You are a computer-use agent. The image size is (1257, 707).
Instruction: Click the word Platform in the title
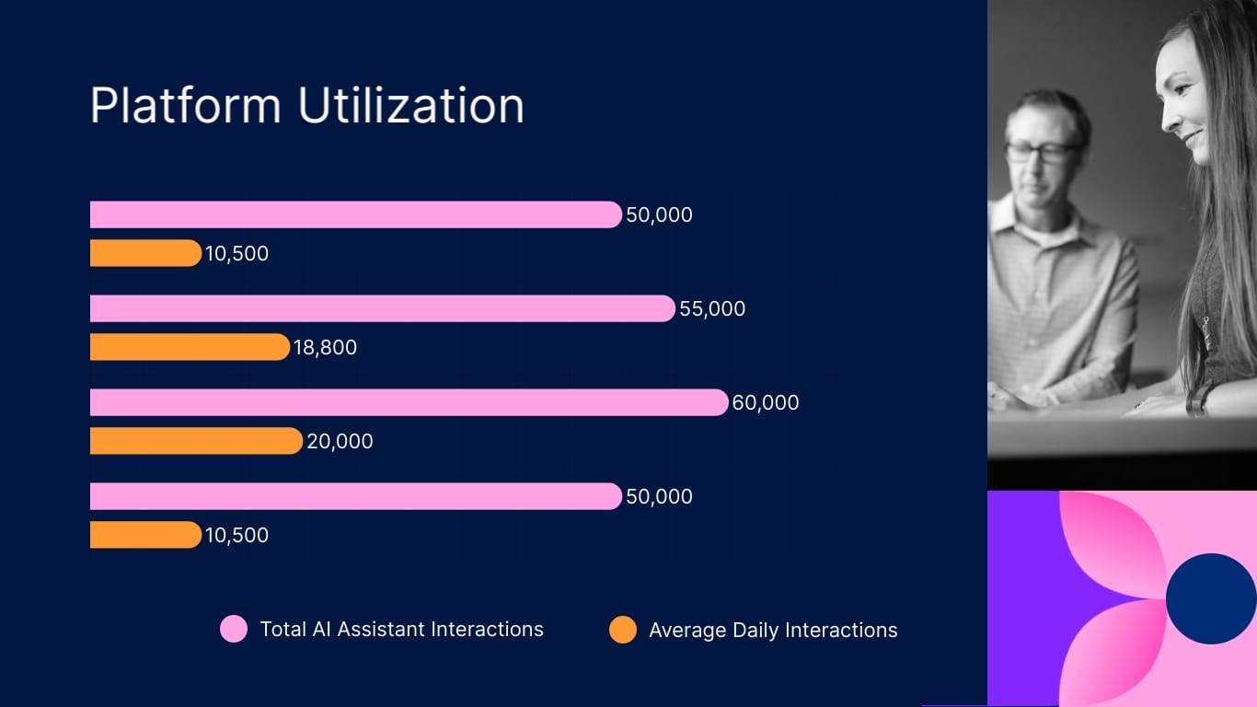[185, 106]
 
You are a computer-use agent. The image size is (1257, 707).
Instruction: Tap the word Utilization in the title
[410, 106]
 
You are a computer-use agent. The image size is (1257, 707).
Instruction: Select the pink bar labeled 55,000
[382, 308]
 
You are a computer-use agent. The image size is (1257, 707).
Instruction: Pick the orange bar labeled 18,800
[190, 347]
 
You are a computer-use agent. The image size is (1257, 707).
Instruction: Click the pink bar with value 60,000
[409, 402]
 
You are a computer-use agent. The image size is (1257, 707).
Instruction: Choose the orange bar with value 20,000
[196, 441]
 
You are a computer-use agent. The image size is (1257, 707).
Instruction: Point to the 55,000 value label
[712, 309]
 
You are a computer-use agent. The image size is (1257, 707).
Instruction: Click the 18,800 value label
[325, 348]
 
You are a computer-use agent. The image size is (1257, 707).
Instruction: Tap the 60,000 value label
[766, 403]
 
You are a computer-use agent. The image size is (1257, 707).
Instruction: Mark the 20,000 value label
[340, 442]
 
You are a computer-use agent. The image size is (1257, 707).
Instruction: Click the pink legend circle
[234, 629]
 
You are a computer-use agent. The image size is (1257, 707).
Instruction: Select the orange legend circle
[623, 630]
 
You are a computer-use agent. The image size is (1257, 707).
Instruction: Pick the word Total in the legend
[283, 630]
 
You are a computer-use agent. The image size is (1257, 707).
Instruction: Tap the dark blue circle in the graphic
[1211, 598]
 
